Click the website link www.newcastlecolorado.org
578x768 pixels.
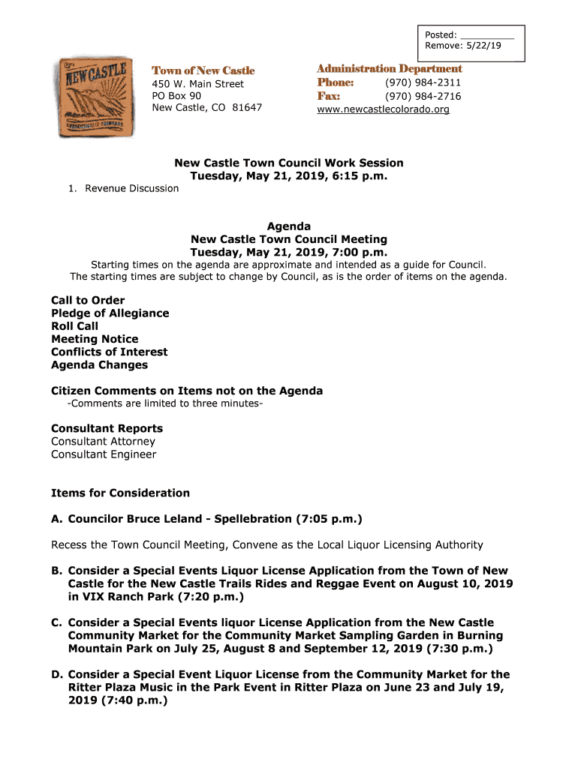point(383,109)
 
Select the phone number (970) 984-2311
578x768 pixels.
point(423,82)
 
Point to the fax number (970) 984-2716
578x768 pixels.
point(423,96)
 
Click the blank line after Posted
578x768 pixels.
point(486,34)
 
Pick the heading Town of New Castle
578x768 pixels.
point(203,70)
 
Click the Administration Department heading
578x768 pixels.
point(390,69)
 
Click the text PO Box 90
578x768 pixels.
point(176,96)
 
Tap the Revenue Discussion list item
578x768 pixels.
point(131,188)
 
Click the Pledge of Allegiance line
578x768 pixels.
point(110,313)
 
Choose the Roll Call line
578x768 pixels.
point(74,326)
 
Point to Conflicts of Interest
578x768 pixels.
point(109,352)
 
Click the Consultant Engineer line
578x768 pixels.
point(104,454)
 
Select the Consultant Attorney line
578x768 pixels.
point(103,442)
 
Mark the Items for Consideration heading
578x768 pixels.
point(120,493)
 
